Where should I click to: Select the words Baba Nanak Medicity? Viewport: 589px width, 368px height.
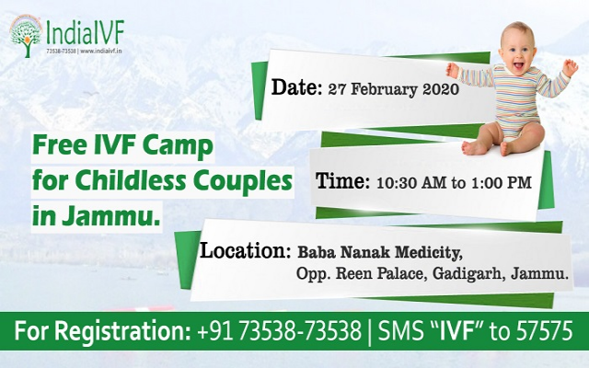(x=378, y=251)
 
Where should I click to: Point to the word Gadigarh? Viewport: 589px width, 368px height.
(x=481, y=274)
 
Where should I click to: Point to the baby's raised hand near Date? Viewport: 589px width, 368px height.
(x=452, y=70)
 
